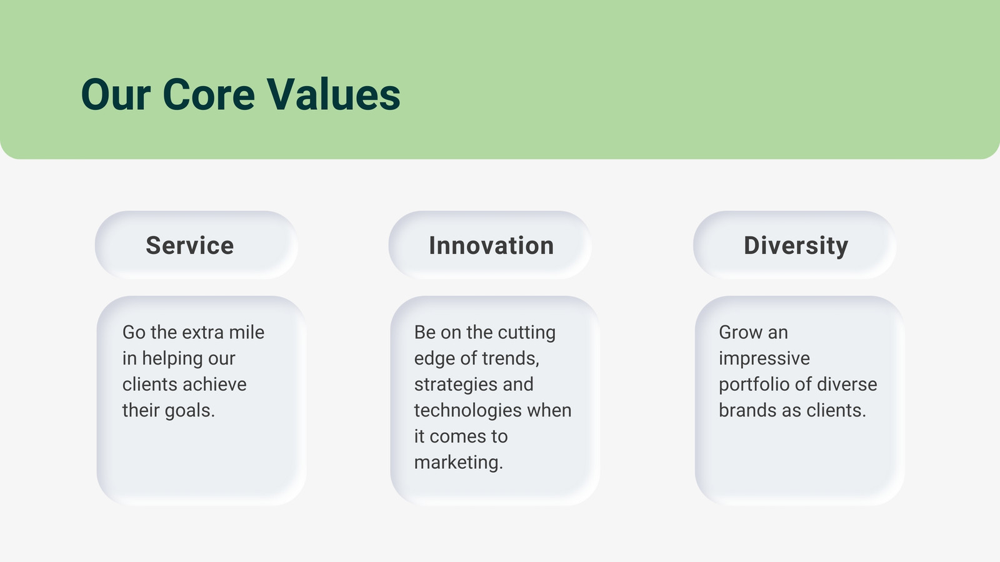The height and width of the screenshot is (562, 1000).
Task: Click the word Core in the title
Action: (x=209, y=94)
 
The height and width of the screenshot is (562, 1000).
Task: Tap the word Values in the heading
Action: (x=334, y=94)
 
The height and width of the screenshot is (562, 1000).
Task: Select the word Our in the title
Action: (x=116, y=94)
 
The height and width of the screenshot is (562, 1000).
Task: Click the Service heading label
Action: (x=190, y=245)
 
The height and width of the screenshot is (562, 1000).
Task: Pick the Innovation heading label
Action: (x=491, y=245)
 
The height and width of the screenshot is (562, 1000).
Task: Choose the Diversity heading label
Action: (x=796, y=246)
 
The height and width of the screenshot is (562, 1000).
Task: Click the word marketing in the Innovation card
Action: (x=459, y=463)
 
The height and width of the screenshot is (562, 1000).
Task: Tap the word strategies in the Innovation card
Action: (x=454, y=385)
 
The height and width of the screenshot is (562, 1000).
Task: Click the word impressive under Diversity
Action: (x=764, y=359)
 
